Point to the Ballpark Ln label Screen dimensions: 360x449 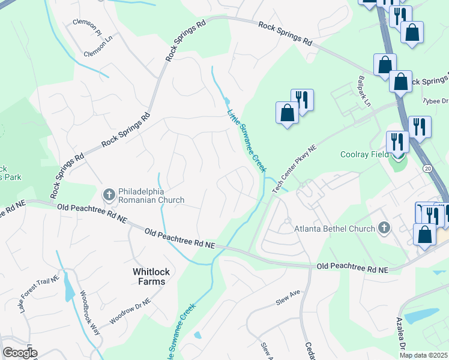364,91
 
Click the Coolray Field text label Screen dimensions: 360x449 366,154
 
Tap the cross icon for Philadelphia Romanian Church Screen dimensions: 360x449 109,194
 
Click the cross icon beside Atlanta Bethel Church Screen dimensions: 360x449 384,228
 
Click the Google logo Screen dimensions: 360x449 20,352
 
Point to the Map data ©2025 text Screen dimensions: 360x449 423,355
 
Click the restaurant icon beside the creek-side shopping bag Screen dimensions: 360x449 303,100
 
